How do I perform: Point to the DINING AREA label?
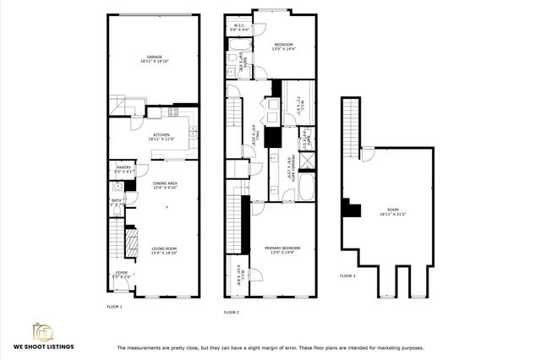point(164,185)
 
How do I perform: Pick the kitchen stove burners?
point(173,112)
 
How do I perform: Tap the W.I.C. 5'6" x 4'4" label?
point(239,29)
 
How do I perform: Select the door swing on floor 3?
point(368,154)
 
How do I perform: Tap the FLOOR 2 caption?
point(232,312)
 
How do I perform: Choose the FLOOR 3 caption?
point(347,275)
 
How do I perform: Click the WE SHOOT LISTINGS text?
point(42,346)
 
